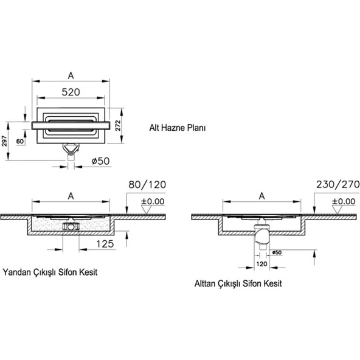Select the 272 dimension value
(119, 125)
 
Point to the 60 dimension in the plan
(21, 141)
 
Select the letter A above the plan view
(71, 75)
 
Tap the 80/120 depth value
(147, 184)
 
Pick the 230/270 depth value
(335, 184)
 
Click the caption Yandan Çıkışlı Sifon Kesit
(50, 272)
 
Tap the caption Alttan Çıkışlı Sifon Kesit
(238, 283)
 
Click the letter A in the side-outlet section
(71, 195)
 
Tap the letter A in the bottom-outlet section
(261, 195)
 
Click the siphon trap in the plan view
(72, 148)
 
